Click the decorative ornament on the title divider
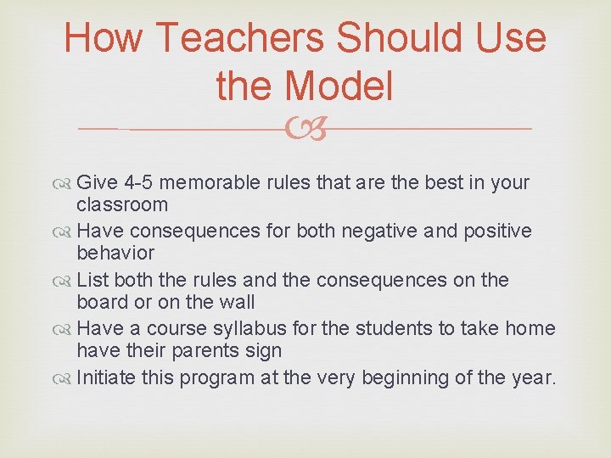tap(306, 129)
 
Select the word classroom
tap(122, 204)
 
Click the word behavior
tap(115, 253)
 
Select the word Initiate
tap(106, 377)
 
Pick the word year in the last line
tap(532, 377)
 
